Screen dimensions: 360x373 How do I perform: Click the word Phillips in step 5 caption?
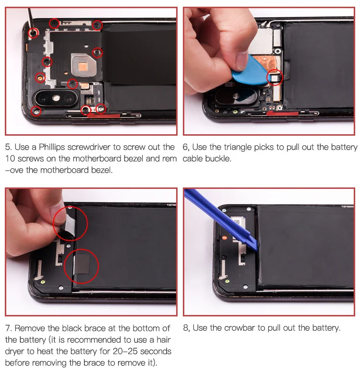52,147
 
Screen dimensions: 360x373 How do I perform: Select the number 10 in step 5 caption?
10,159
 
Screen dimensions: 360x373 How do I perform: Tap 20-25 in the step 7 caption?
125,351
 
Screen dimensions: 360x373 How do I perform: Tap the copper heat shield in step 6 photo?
265,64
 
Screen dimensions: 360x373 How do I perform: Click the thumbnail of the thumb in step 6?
241,61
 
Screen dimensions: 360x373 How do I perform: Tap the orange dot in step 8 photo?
224,238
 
